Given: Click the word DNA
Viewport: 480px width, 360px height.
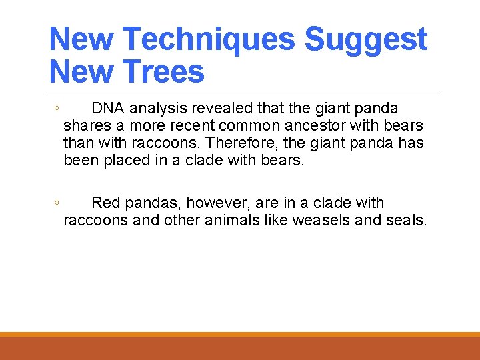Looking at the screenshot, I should pos(107,108).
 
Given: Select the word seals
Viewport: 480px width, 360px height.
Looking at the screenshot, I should pos(406,220).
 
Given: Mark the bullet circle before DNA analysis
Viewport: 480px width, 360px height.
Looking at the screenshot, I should pos(57,109).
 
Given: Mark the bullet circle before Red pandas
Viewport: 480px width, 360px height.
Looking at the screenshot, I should pos(57,203).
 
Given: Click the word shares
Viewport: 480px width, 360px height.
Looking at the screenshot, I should pos(85,125).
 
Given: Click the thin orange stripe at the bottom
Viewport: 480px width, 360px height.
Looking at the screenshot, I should pos(240,334).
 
